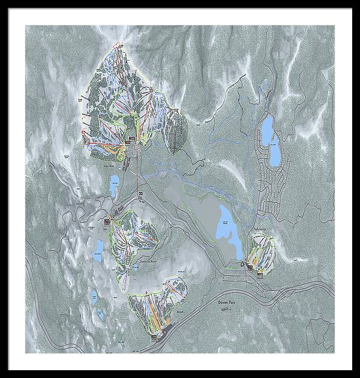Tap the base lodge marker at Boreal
click(x=154, y=337)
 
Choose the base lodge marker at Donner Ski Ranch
click(x=108, y=221)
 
